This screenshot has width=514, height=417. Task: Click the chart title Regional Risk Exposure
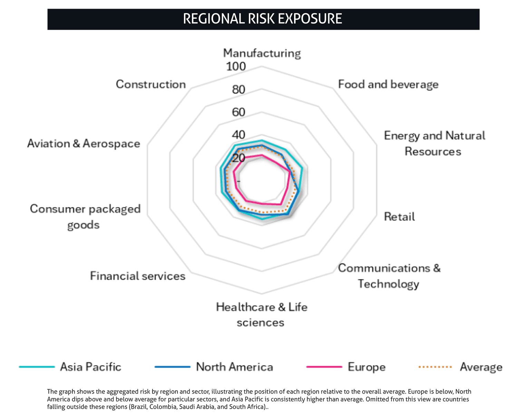[x=262, y=19]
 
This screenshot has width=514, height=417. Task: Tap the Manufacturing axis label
[x=262, y=54]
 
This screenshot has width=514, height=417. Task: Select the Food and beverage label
[x=388, y=85]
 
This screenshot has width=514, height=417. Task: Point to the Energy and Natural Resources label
[x=434, y=143]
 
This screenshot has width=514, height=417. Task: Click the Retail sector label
[x=399, y=216]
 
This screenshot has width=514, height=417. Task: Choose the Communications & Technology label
[x=389, y=276]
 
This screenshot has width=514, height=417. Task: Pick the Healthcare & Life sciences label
[x=261, y=315]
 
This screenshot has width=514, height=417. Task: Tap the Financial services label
[x=137, y=276]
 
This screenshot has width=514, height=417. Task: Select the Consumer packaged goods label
[x=85, y=216]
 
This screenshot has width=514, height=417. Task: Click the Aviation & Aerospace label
[x=84, y=143]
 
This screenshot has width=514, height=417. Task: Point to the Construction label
[x=151, y=84]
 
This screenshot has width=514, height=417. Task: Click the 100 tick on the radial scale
[x=236, y=66]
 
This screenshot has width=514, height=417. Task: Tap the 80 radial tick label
[x=239, y=90]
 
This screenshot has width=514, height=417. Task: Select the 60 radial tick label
[x=239, y=112]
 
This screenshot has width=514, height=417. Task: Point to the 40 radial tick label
[x=239, y=135]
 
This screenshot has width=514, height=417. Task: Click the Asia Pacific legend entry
[x=70, y=367]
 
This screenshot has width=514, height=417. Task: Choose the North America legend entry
[x=214, y=367]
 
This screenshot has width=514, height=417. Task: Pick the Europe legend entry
[x=346, y=367]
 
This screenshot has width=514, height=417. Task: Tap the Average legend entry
[x=460, y=367]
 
